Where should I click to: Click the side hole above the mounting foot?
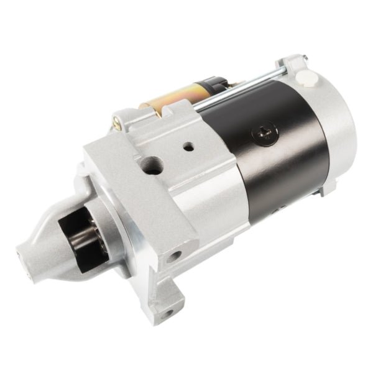point(176,254)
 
